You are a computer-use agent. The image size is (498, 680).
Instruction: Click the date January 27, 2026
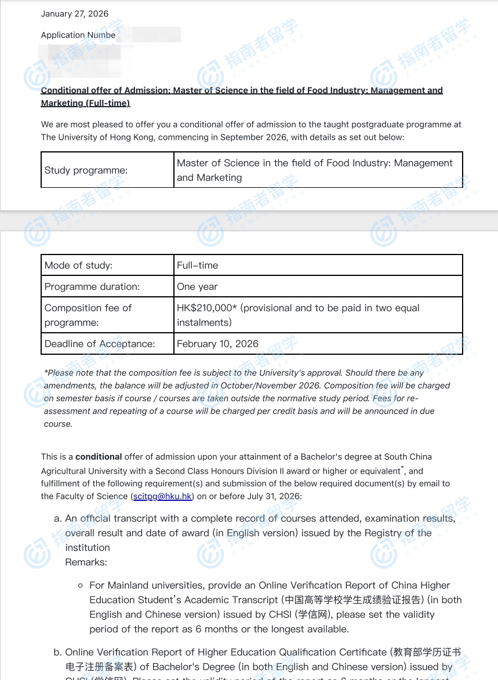tap(74, 14)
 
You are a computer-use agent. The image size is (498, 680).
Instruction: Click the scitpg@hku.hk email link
tap(162, 496)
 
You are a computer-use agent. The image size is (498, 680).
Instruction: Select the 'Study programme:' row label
tap(86, 170)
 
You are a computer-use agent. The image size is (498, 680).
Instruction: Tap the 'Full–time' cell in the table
tap(198, 266)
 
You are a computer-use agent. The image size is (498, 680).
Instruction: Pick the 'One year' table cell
tap(197, 287)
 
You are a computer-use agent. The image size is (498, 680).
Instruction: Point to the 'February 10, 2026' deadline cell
tap(217, 344)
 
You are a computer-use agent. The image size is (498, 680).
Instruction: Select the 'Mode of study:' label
tap(78, 266)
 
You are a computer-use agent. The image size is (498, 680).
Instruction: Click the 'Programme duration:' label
tap(92, 287)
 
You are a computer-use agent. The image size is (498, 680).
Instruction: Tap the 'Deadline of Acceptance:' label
tap(100, 344)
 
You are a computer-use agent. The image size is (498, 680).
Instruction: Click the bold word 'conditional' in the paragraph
tap(99, 457)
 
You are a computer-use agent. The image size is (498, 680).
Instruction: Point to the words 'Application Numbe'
tap(78, 35)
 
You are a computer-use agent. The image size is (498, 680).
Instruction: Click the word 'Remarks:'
tap(86, 562)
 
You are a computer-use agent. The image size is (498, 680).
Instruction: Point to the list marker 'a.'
tap(57, 518)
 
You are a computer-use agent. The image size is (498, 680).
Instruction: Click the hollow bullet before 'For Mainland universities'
tap(81, 586)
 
